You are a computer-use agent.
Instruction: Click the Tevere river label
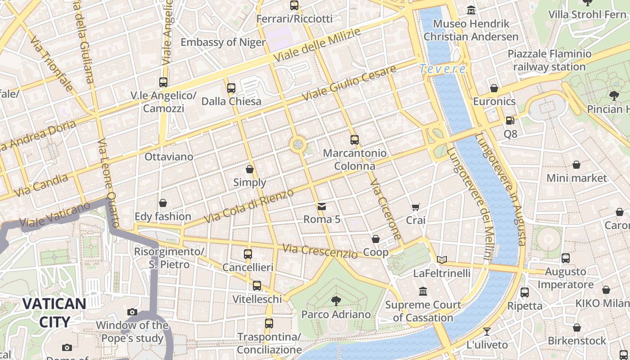442,69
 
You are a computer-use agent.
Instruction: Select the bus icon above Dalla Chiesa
231,88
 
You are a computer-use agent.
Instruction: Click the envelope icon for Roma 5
322,207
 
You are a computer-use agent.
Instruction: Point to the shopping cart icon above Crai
415,207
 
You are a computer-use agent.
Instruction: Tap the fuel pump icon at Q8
510,121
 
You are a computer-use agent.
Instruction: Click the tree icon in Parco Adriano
336,301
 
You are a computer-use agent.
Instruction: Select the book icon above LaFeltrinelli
442,260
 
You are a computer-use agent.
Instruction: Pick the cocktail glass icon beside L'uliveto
487,332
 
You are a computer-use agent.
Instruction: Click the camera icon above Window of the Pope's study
132,312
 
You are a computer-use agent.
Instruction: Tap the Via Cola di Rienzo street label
249,206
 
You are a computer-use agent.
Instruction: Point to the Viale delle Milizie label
317,45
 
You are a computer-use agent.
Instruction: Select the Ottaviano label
169,157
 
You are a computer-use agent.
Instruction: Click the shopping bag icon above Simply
250,169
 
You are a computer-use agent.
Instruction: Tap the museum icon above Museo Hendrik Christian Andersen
471,10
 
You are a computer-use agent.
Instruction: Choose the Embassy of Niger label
223,42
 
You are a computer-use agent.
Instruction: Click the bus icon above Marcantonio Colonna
355,140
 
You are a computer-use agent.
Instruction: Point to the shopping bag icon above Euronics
494,88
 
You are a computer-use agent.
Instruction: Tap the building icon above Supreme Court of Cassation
423,292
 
